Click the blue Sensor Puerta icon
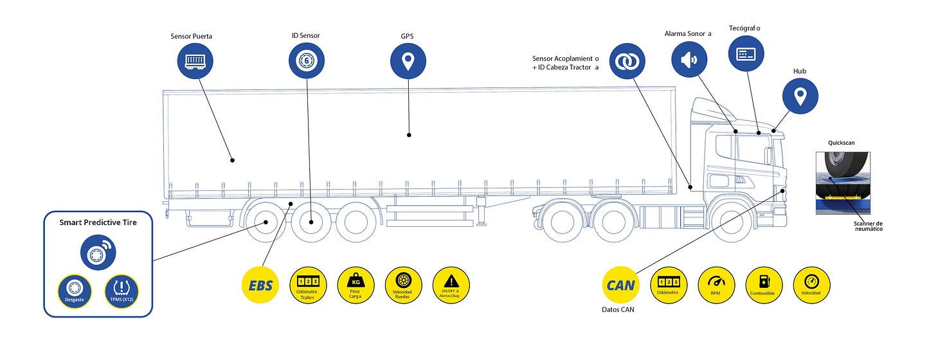[195, 62]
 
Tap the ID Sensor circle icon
[307, 62]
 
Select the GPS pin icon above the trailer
[408, 62]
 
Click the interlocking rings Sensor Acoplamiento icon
[627, 62]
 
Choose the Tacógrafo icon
[746, 53]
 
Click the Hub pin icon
[800, 96]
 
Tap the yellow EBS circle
[260, 285]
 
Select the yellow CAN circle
[620, 285]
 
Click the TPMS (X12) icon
[122, 290]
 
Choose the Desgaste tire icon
[75, 290]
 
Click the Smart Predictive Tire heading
[98, 222]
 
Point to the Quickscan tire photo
[842, 183]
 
